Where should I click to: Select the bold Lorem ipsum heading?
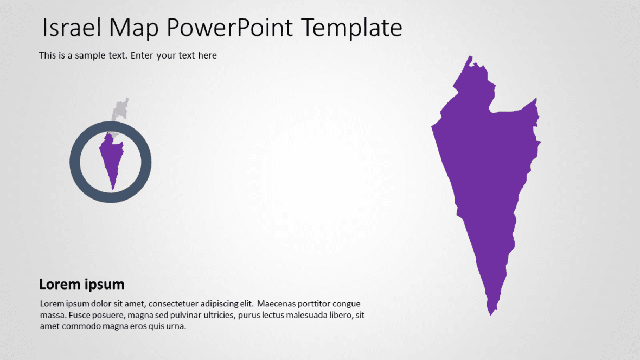click(x=81, y=284)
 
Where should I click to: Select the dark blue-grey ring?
click(x=76, y=163)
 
